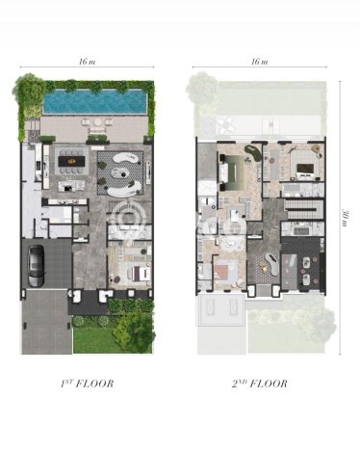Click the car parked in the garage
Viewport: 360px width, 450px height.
36,266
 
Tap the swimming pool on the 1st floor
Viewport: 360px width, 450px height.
95,101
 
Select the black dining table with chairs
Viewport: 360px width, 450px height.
72,161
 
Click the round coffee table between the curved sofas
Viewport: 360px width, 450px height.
120,173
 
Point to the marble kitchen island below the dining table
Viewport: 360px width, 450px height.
71,186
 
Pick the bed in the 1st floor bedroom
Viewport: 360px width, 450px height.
140,274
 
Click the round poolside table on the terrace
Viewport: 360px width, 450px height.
97,122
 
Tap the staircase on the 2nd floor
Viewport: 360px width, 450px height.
303,209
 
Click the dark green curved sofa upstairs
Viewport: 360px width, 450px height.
251,151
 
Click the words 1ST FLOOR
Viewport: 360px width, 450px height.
87,384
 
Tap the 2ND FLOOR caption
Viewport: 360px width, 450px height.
260,384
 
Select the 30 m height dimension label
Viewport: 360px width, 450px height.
346,218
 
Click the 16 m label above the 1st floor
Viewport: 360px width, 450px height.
87,62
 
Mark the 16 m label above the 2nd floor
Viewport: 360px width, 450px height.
260,62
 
